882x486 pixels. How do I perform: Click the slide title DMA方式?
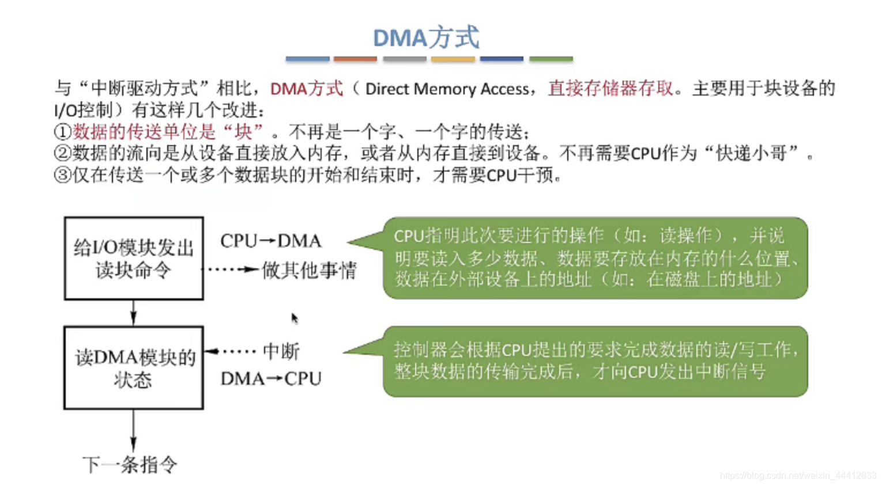(426, 38)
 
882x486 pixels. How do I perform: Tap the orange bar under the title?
(355, 59)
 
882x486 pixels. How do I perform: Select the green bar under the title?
(551, 59)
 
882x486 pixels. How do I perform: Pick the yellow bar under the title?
(453, 59)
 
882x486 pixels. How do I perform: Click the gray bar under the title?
(405, 59)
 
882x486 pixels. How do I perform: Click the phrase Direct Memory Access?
(447, 89)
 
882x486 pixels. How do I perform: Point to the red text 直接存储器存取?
(610, 89)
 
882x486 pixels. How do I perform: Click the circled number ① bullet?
(62, 132)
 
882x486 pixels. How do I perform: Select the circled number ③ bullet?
(62, 175)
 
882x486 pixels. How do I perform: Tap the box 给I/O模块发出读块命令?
(134, 259)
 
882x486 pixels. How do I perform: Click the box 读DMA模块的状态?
(134, 368)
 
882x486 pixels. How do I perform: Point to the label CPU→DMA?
(271, 241)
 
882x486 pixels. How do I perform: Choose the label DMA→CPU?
(271, 379)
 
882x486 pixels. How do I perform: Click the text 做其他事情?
(309, 270)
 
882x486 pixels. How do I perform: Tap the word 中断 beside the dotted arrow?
(281, 351)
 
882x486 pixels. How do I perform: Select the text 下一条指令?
(130, 465)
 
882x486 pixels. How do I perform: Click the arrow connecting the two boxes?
(134, 313)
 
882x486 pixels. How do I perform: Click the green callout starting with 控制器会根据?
(595, 362)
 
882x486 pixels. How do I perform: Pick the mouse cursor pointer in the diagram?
(295, 318)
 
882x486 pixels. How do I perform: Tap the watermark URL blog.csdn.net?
(798, 476)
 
